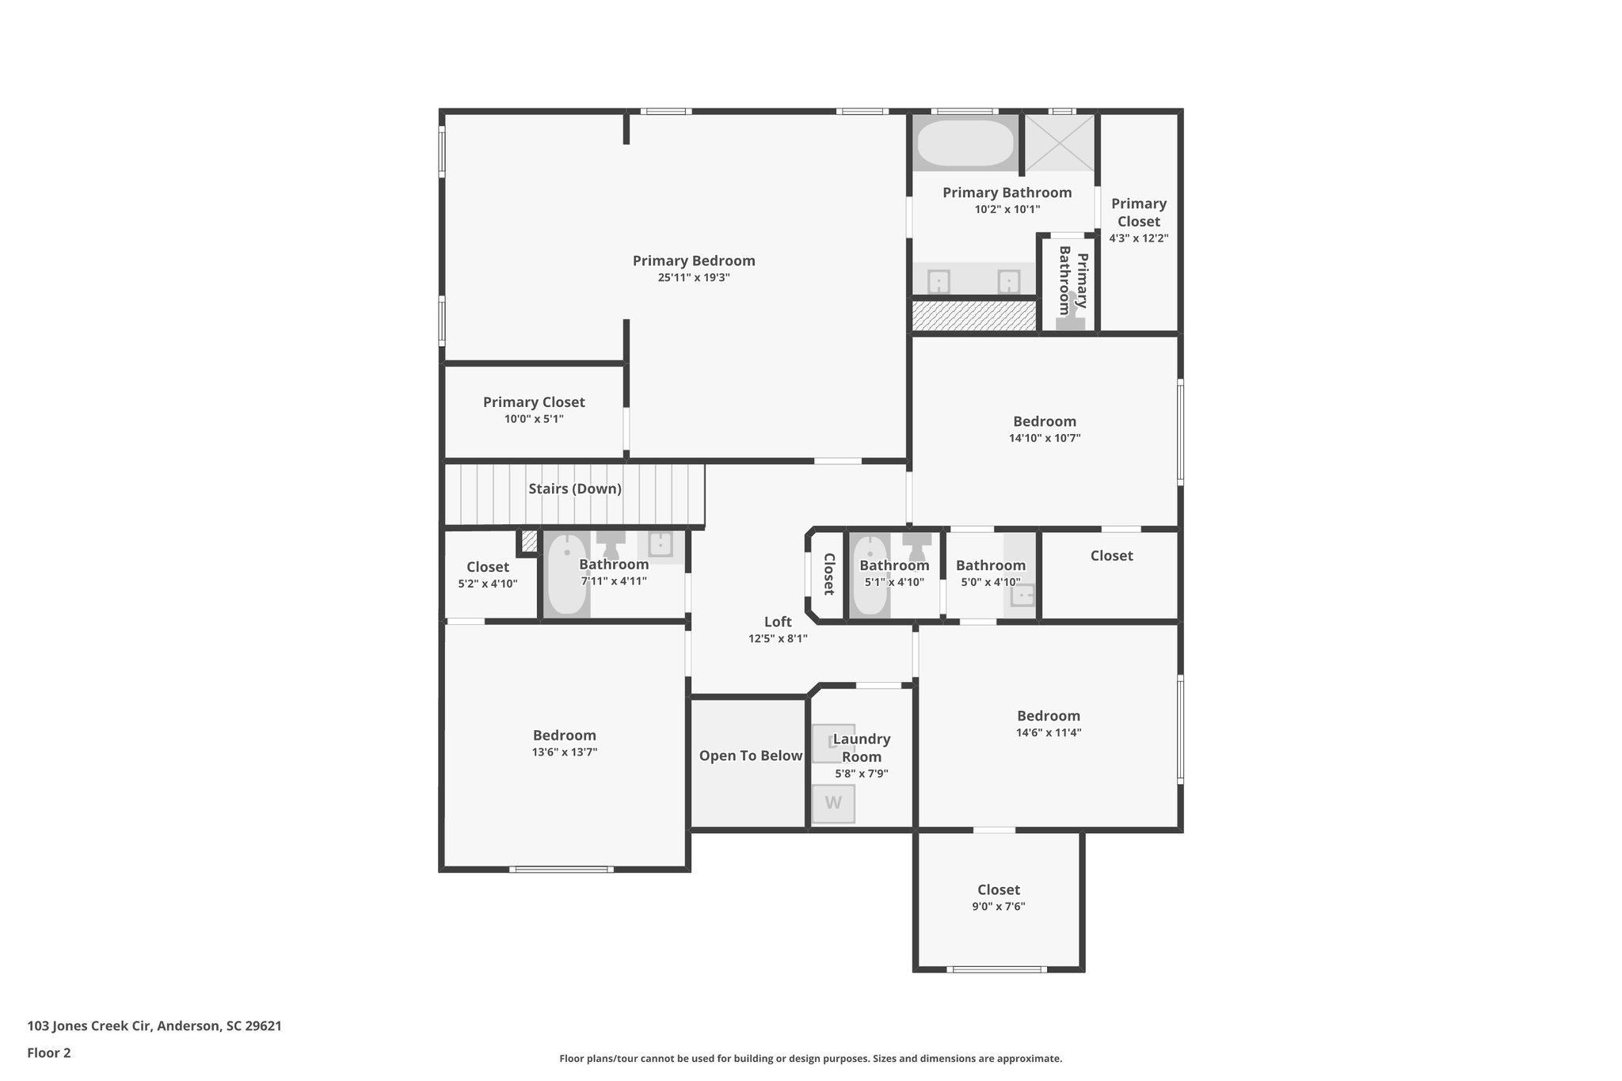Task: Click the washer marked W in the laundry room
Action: pyautogui.click(x=833, y=803)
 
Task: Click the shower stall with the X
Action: pyautogui.click(x=1060, y=143)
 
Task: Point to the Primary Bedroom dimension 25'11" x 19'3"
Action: pyautogui.click(x=694, y=278)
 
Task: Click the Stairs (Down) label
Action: pyautogui.click(x=575, y=489)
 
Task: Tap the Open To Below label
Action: pyautogui.click(x=751, y=756)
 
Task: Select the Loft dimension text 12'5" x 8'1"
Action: pyautogui.click(x=778, y=638)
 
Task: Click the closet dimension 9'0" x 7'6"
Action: pyautogui.click(x=999, y=907)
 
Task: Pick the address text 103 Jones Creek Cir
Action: pyautogui.click(x=89, y=1026)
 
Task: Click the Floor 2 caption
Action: pyautogui.click(x=49, y=1052)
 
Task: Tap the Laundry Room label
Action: pyautogui.click(x=862, y=748)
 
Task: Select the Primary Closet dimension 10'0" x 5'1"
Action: pyautogui.click(x=534, y=419)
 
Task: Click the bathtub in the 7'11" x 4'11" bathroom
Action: pyautogui.click(x=567, y=574)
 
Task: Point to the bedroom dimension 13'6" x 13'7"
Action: pyautogui.click(x=565, y=752)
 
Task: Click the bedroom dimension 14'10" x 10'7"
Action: pyautogui.click(x=1045, y=438)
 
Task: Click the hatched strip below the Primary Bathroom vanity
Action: pyautogui.click(x=973, y=316)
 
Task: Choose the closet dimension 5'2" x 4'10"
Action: pyautogui.click(x=488, y=584)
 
